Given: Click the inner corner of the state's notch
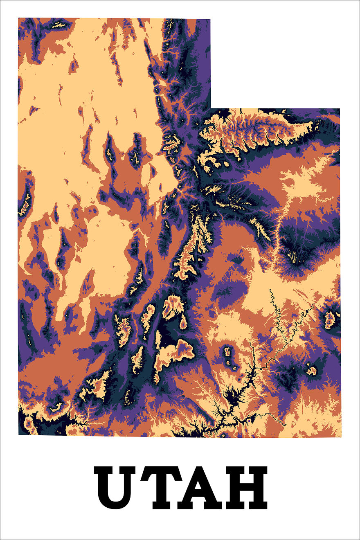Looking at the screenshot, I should [x=211, y=108].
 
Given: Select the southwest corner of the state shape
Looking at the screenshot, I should [x=19, y=434].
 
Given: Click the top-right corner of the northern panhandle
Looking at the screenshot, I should [x=210, y=19].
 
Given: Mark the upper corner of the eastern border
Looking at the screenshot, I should [x=340, y=109].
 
